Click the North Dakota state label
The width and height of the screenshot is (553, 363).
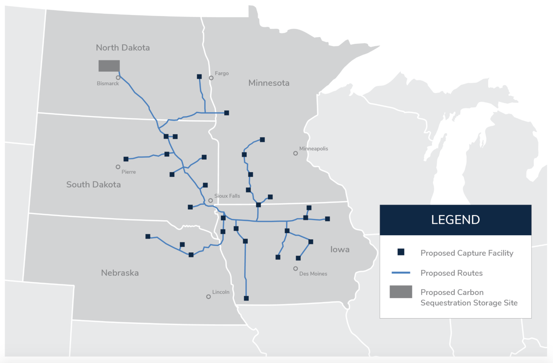click(123, 47)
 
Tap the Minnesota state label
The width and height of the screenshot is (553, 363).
click(269, 83)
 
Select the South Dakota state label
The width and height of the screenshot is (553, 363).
click(94, 185)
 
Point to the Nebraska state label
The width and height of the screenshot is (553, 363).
click(120, 273)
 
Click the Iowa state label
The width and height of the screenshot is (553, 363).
click(340, 249)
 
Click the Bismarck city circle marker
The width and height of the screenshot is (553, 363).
click(118, 78)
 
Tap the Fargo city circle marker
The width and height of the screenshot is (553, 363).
click(211, 78)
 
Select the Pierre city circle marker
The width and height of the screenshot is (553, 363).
click(118, 167)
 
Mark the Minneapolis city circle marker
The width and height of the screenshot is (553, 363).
click(296, 153)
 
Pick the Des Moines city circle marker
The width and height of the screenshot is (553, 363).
click(296, 269)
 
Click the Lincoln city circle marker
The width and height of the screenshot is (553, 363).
click(208, 297)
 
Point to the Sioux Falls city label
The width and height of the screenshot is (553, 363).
click(227, 196)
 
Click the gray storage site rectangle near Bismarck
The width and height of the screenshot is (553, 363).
click(109, 66)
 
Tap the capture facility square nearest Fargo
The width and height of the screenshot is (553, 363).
click(199, 77)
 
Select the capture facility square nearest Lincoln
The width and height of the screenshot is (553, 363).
click(246, 298)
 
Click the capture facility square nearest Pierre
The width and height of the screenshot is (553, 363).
click(126, 159)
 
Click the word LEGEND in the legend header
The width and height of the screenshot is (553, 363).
click(455, 220)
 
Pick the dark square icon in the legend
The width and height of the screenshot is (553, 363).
click(401, 252)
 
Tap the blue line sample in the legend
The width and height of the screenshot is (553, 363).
click(401, 273)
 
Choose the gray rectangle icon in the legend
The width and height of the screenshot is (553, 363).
click(401, 292)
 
